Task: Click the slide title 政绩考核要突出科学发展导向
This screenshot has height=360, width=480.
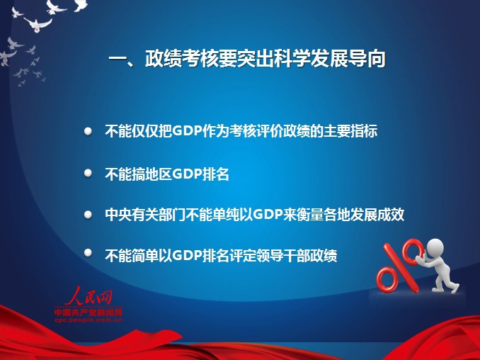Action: (x=265, y=58)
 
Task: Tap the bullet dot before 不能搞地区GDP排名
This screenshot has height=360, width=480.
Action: (x=88, y=173)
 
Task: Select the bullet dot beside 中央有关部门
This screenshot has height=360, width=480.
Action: (x=88, y=215)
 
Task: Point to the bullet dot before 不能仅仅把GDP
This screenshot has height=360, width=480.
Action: (x=88, y=131)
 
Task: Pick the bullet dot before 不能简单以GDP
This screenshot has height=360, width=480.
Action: (x=88, y=252)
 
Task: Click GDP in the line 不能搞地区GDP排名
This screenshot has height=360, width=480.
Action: (x=188, y=174)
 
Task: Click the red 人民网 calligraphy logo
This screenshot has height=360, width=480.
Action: (x=88, y=296)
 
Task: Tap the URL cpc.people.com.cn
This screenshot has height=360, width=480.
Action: (x=88, y=320)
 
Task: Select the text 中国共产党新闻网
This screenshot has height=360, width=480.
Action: (x=88, y=313)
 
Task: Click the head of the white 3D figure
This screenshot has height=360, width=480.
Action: (x=435, y=247)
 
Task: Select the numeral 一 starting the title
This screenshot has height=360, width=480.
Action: (x=118, y=59)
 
